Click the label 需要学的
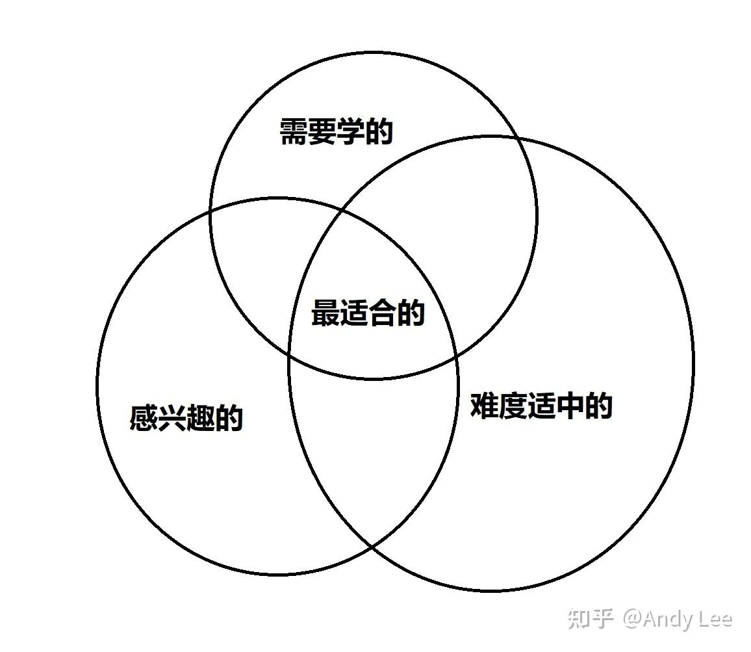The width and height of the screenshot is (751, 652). [336, 132]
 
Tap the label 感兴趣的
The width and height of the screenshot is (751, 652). [186, 418]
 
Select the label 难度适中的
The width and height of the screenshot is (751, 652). [541, 406]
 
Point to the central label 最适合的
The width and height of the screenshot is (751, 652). [368, 313]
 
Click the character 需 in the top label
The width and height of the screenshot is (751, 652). [294, 132]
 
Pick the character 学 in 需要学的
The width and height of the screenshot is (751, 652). [351, 132]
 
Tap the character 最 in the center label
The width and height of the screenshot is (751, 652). [325, 313]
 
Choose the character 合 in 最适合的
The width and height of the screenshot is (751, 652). [382, 313]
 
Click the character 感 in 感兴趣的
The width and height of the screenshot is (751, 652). [144, 418]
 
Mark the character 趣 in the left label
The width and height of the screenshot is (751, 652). [201, 418]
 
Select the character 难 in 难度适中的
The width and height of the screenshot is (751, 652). [484, 406]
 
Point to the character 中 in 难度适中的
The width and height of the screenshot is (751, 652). [570, 406]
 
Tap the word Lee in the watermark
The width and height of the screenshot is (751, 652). [714, 619]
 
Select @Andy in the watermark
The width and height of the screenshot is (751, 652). [656, 619]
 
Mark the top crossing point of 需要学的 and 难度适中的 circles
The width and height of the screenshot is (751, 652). [517, 138]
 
